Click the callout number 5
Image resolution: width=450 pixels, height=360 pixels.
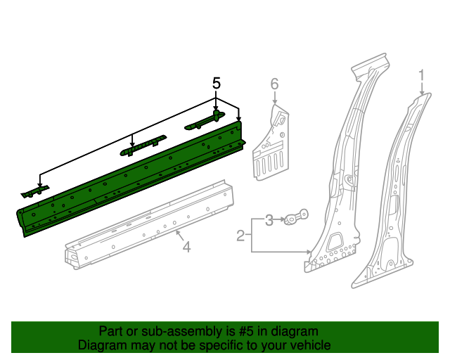217,83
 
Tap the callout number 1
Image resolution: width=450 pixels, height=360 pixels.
422,75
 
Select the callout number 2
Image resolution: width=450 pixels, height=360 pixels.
240,236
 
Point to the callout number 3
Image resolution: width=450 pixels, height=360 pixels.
269,221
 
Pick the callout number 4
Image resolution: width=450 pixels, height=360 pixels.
186,246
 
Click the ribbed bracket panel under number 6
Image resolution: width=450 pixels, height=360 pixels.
271,151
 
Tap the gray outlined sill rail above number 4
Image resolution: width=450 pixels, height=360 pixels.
148,225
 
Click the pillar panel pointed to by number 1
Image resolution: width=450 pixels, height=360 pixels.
394,197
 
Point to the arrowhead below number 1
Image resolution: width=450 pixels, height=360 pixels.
422,93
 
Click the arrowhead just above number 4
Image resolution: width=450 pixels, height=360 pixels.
177,232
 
